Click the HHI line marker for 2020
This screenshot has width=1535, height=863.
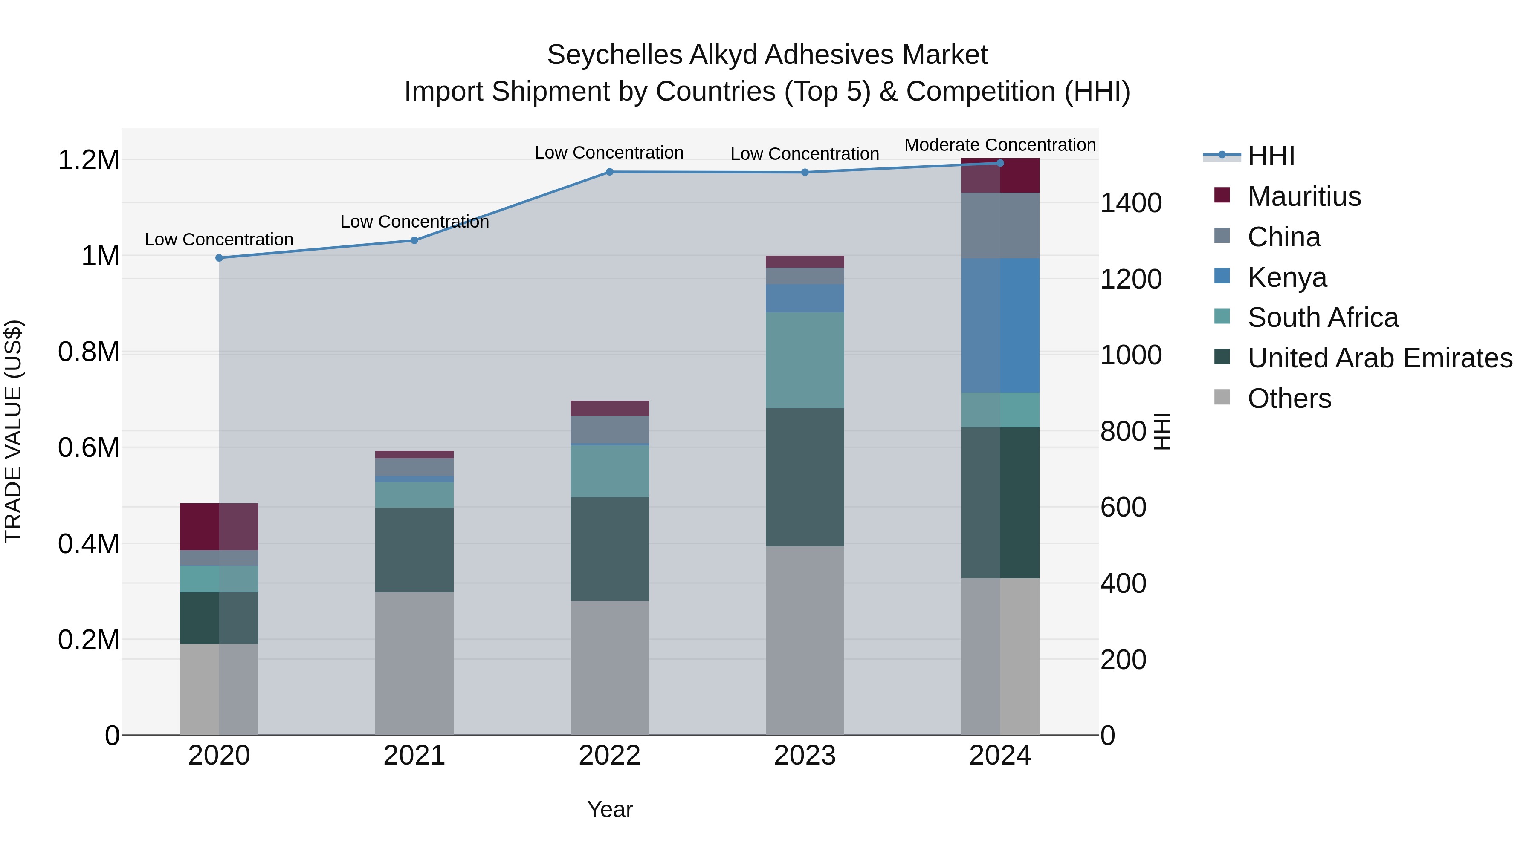coord(219,258)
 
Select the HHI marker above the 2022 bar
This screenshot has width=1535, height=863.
coord(610,172)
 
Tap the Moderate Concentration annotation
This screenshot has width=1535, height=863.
coord(1000,145)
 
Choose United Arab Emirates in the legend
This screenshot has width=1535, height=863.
coord(1379,358)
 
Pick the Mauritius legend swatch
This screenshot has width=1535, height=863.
coord(1222,195)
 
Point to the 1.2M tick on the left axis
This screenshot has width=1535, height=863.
coord(88,160)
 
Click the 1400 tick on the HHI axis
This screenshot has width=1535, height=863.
coord(1130,203)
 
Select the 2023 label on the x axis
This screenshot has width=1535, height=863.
coord(805,756)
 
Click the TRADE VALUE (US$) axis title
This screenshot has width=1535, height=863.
coord(13,431)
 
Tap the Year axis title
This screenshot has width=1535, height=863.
coord(610,809)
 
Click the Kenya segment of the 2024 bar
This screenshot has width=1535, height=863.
coord(1000,325)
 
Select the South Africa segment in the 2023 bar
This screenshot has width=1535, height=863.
coord(805,360)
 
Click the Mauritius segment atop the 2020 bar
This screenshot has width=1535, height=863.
coord(219,526)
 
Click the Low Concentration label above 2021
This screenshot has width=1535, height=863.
coord(414,222)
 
